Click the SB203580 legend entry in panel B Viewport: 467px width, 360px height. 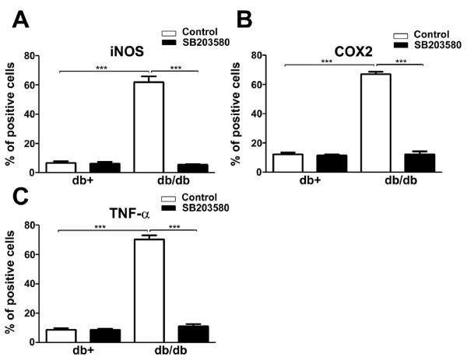point(434,46)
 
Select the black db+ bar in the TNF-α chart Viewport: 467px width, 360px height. point(104,335)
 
